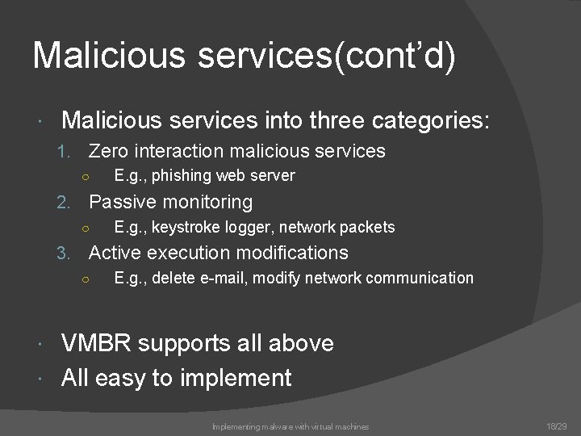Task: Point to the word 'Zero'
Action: pos(108,151)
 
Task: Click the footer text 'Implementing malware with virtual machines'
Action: pos(290,426)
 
